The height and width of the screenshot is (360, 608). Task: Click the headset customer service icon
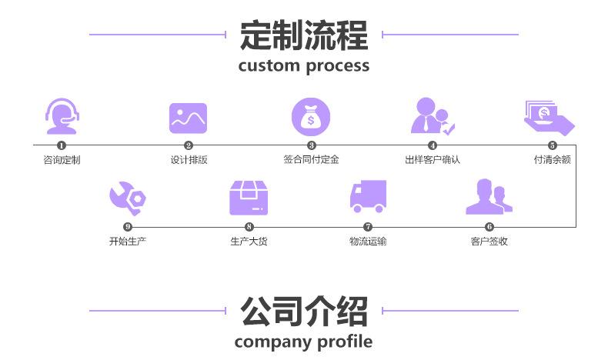[x=62, y=116]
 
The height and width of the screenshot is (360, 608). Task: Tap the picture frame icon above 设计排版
[x=188, y=118]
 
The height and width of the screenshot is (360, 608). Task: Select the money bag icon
[x=311, y=117]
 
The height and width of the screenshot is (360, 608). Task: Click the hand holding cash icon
[x=549, y=118]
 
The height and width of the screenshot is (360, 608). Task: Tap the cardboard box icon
[x=249, y=198]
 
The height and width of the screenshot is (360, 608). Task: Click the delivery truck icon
[x=368, y=196]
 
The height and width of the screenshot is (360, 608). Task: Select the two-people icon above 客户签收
[x=489, y=196]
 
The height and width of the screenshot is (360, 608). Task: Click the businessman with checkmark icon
[x=433, y=116]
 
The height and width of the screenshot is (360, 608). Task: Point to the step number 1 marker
[x=62, y=145]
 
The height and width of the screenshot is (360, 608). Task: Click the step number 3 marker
[x=312, y=145]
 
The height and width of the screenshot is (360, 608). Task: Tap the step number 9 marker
[x=128, y=227]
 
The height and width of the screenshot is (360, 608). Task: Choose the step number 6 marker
[x=489, y=227]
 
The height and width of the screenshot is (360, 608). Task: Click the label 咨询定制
[x=62, y=160]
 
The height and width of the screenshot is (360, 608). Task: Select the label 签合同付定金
[x=311, y=159]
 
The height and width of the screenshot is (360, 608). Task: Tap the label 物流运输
[x=368, y=242]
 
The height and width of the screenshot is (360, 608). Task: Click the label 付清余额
[x=552, y=159]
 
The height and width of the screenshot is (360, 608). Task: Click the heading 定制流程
[x=304, y=35]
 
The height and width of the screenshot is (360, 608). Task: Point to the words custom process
[x=304, y=66]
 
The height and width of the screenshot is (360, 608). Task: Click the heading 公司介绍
[x=304, y=312]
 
